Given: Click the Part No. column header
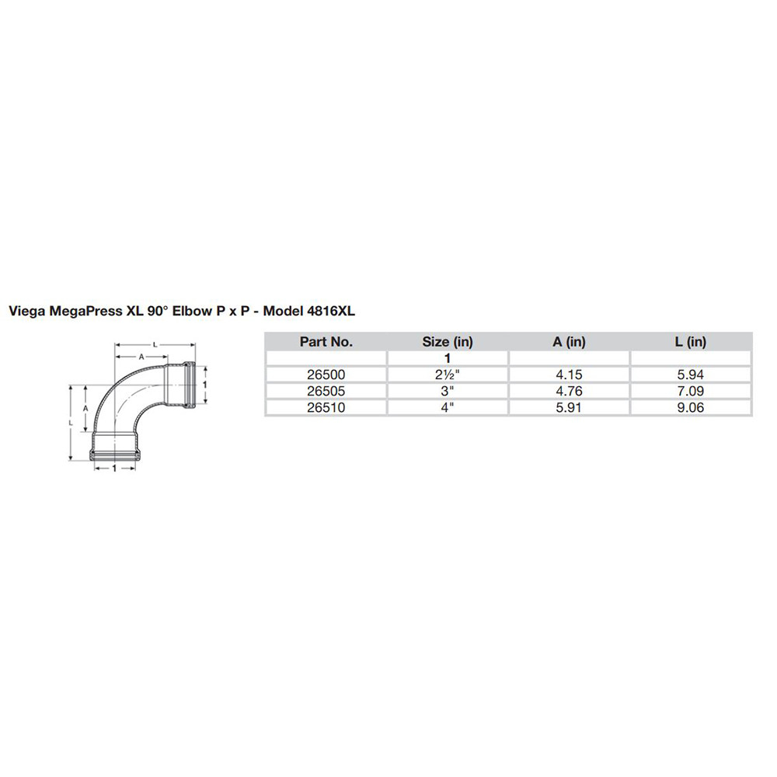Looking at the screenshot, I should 326,341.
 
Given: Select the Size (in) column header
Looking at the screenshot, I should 448,341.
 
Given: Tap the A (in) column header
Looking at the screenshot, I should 570,341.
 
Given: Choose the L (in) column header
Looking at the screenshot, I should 692,341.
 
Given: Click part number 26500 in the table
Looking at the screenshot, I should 326,375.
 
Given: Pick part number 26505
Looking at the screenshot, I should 326,391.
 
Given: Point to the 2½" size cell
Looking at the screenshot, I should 448,375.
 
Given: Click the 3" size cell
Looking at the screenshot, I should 448,391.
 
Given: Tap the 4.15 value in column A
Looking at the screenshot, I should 570,375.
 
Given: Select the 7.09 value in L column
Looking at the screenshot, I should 692,391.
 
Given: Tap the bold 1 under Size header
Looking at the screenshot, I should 448,358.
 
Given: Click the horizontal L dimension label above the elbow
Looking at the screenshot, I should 155,343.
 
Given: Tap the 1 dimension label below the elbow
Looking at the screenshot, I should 115,469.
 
